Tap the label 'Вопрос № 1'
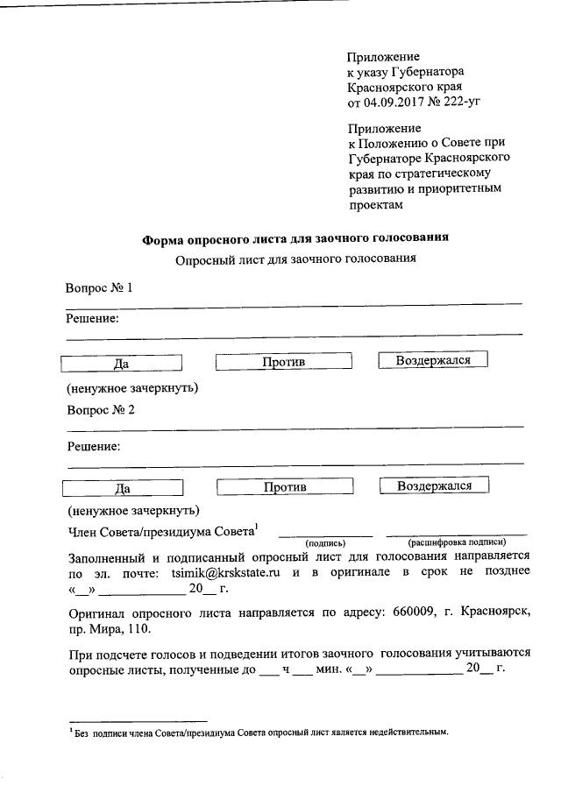click(100, 288)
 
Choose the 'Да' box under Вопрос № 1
click(122, 363)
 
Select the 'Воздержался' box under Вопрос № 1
click(433, 360)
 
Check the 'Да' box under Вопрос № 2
click(122, 488)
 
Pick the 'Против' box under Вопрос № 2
click(284, 487)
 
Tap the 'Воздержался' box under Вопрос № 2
click(434, 485)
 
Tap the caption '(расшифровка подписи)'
click(456, 542)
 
